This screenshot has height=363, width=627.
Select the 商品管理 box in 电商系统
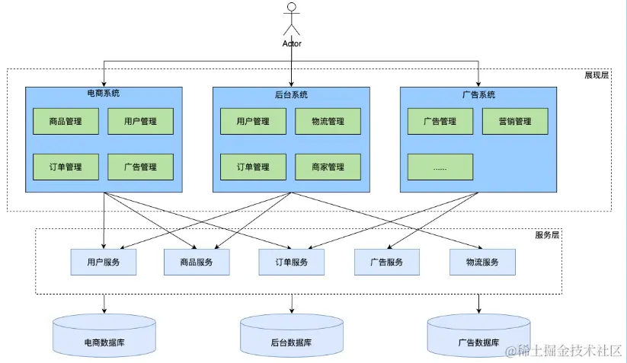tap(65, 121)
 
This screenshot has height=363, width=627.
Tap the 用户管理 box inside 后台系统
tap(253, 121)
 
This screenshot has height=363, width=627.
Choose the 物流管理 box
tap(328, 121)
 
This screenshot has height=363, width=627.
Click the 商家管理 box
tap(328, 167)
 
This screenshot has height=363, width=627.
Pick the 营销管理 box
tap(515, 121)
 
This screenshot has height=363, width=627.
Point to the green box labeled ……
tap(440, 167)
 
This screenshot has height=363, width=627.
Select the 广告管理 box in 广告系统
tap(440, 121)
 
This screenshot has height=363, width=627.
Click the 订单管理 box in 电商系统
tap(65, 167)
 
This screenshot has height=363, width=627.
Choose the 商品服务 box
tap(197, 262)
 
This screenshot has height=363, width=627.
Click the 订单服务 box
tap(292, 262)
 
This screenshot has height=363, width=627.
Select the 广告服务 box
tap(386, 262)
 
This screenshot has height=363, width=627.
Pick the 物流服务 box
tap(481, 262)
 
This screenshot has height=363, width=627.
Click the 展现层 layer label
tap(597, 76)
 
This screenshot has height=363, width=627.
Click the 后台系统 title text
tap(291, 94)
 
